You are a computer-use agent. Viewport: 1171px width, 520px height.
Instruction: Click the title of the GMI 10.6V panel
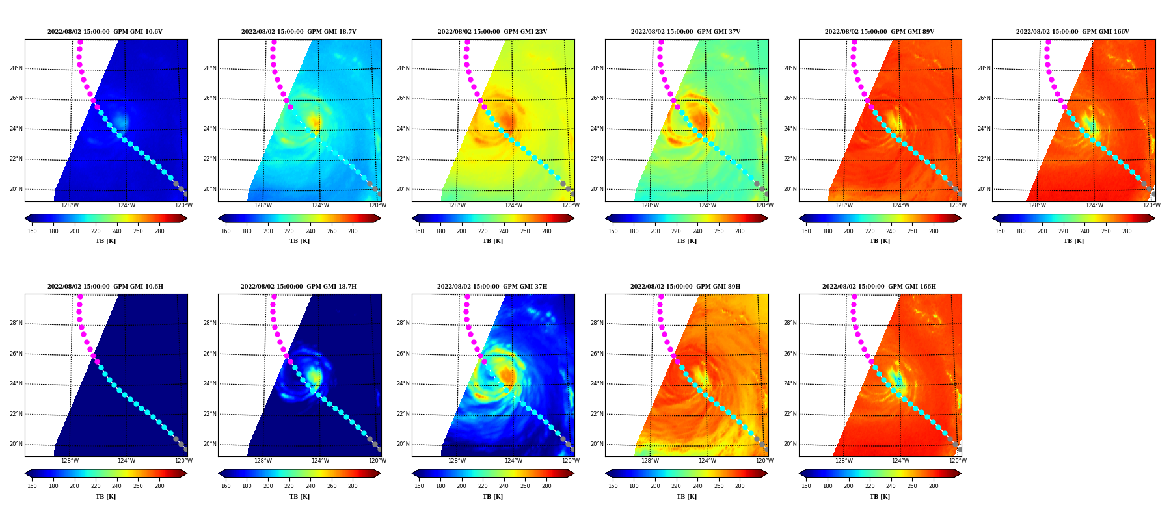[x=105, y=32]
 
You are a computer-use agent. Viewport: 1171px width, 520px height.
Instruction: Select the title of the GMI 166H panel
[x=879, y=287]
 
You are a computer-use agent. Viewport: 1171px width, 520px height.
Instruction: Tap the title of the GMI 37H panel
[x=492, y=287]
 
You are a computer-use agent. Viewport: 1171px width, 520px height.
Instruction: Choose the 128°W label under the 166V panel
[x=1037, y=205]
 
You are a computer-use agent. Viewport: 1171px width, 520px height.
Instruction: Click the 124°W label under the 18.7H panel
[x=320, y=461]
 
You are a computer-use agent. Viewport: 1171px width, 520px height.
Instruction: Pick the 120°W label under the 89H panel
[x=764, y=461]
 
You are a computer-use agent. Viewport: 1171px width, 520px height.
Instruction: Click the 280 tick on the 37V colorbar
[x=740, y=231]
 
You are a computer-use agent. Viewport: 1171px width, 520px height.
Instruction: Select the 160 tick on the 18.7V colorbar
[x=226, y=231]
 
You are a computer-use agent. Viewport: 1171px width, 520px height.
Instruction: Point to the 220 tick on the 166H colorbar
[x=870, y=486]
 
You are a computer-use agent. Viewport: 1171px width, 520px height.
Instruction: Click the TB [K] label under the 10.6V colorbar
[x=106, y=241]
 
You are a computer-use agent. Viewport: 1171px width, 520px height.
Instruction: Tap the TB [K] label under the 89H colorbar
[x=686, y=497]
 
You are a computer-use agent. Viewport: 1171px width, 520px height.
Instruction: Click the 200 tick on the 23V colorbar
[x=461, y=231]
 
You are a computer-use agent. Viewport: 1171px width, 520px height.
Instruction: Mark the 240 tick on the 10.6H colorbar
[x=116, y=486]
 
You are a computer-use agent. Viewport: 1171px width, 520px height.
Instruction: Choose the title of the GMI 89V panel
[x=880, y=32]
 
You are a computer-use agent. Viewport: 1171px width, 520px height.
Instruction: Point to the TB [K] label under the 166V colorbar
[x=1073, y=241]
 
